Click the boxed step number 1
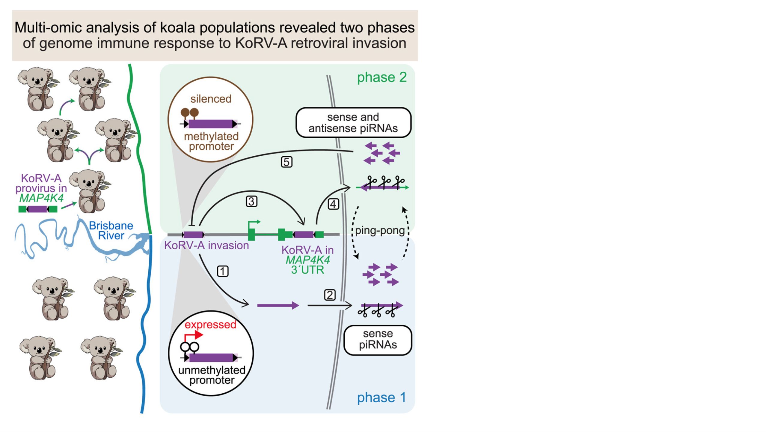(x=222, y=271)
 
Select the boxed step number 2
(x=330, y=295)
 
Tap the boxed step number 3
(x=251, y=201)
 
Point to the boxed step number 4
(x=333, y=204)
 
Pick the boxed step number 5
(x=287, y=162)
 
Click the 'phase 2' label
(x=382, y=77)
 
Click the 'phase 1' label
(x=381, y=397)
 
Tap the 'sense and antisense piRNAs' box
(x=353, y=123)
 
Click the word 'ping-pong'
(x=380, y=230)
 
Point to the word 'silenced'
(x=211, y=99)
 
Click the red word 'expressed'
(x=210, y=325)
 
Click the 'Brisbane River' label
(x=111, y=230)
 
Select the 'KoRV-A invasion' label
(x=206, y=245)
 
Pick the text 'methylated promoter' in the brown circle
(x=211, y=141)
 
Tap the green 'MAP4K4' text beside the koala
(x=41, y=198)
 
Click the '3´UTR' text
(x=307, y=270)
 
